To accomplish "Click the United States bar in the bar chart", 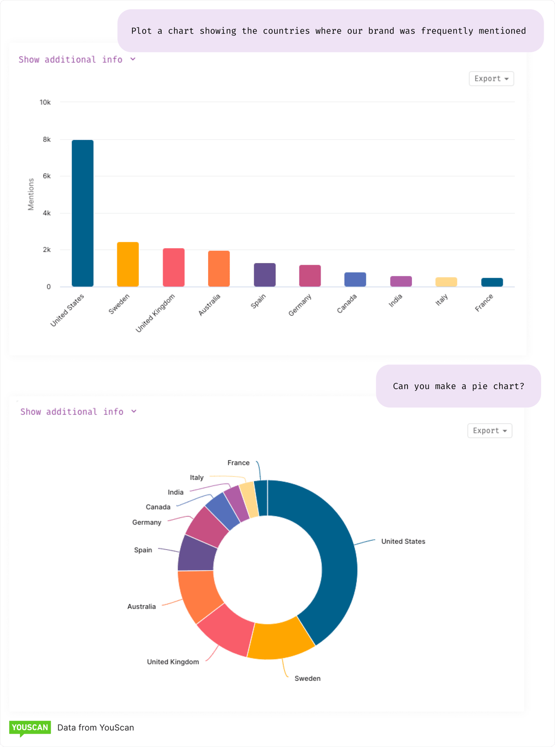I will coord(82,213).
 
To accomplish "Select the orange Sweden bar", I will coord(128,264).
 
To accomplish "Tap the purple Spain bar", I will coord(264,275).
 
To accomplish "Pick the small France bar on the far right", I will coord(492,282).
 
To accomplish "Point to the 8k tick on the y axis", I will coord(46,140).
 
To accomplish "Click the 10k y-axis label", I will coord(45,102).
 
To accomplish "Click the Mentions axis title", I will coord(31,194).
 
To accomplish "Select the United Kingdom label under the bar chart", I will coord(155,313).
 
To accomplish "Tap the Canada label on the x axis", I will coord(347,303).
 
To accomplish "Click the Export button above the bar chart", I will coord(491,78).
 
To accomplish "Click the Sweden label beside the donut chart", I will coord(307,678).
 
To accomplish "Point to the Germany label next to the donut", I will coord(147,522).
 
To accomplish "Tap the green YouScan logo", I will coord(29,728).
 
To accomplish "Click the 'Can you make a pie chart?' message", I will coord(458,386).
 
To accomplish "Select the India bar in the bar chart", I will coord(401,281).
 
